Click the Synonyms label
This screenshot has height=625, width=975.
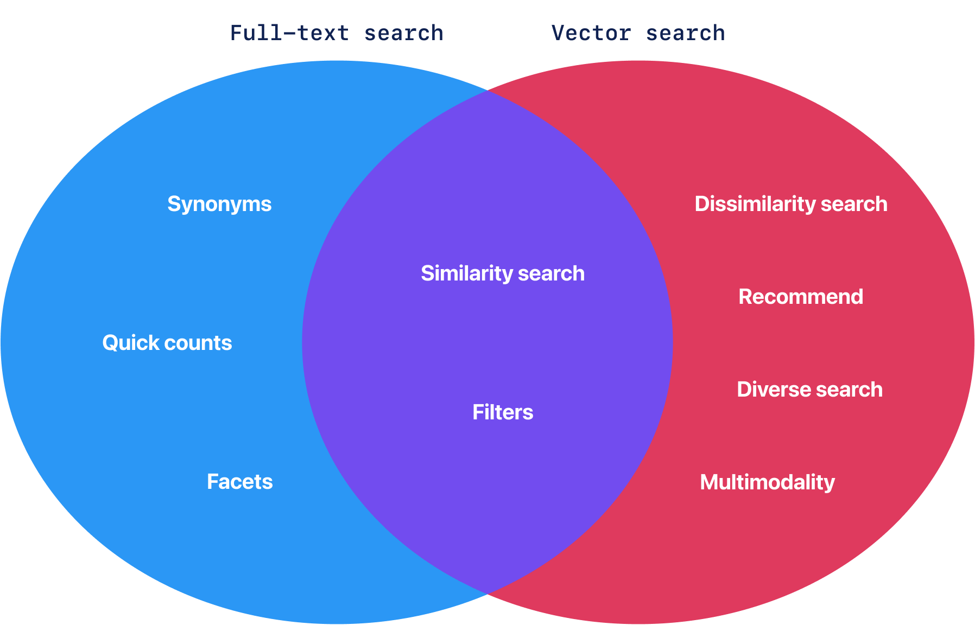click(219, 204)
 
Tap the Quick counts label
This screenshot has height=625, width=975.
click(167, 343)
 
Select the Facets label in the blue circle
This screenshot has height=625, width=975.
click(239, 482)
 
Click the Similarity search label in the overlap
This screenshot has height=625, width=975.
click(503, 273)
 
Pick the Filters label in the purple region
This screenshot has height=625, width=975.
click(503, 412)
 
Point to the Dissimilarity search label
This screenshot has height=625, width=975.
click(791, 204)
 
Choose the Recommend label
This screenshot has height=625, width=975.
click(801, 297)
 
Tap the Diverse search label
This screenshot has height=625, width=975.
click(809, 390)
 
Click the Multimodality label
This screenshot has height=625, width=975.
click(767, 482)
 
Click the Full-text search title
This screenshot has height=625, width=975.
click(337, 33)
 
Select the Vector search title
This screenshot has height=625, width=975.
click(638, 33)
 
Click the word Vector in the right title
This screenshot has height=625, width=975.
click(591, 33)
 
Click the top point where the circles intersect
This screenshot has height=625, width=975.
click(487, 91)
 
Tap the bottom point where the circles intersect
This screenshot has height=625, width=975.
click(487, 594)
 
